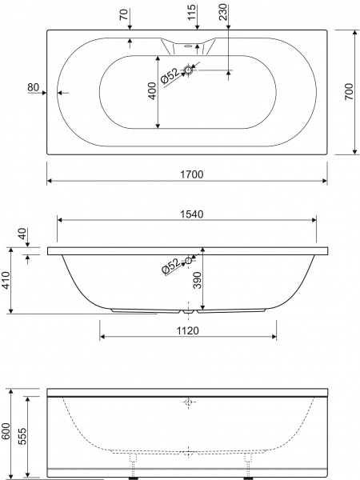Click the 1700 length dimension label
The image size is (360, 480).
192,174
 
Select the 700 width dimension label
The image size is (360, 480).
349,91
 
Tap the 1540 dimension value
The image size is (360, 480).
191,214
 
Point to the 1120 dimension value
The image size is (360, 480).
188,330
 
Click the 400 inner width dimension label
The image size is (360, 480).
152,91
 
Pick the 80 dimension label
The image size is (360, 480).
34,87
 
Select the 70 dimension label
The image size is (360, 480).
124,14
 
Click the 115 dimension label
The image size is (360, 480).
192,12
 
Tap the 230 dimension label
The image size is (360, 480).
223,12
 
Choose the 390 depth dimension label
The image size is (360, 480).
198,280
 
